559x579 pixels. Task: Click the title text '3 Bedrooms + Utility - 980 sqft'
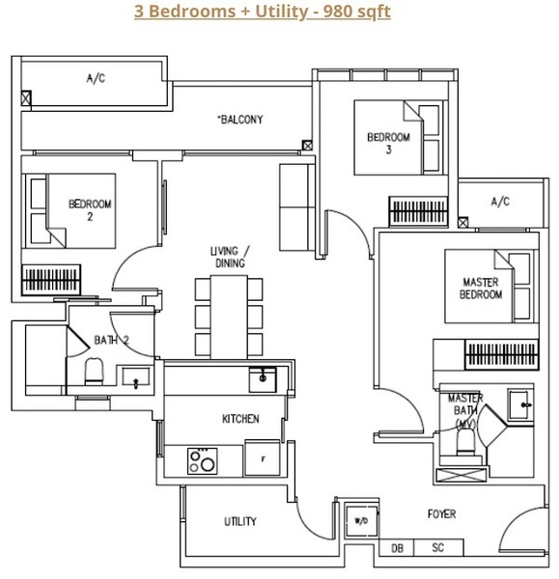click(262, 12)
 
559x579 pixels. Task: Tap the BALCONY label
click(240, 120)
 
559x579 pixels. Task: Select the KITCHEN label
click(240, 419)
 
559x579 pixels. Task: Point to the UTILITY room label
click(240, 521)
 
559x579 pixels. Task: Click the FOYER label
click(441, 513)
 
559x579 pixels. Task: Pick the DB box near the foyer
click(397, 547)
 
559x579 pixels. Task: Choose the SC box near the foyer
click(438, 547)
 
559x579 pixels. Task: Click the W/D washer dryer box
click(361, 521)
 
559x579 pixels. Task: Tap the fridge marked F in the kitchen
click(263, 458)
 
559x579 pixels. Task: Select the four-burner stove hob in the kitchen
click(202, 460)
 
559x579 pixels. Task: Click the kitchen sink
click(263, 379)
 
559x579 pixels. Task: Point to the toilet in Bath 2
click(94, 372)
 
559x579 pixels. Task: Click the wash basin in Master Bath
click(520, 404)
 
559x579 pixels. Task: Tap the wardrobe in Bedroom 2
click(51, 280)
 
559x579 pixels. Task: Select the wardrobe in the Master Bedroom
click(501, 354)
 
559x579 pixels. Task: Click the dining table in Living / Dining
click(229, 317)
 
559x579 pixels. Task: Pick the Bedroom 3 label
click(389, 143)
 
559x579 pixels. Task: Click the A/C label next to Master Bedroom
click(500, 202)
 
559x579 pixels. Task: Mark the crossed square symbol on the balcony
click(307, 145)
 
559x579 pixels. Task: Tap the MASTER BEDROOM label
click(481, 288)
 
